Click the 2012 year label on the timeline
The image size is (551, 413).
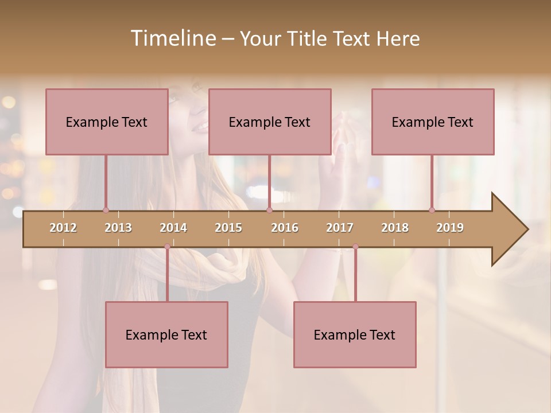(x=63, y=228)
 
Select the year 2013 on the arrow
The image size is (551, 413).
(x=118, y=228)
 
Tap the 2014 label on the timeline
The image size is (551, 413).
(x=173, y=228)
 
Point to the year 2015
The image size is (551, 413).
(x=228, y=228)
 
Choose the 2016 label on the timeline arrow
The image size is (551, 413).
(x=285, y=228)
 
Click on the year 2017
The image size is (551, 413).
(x=340, y=228)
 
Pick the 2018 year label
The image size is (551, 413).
(x=395, y=228)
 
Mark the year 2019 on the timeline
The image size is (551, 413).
(x=450, y=228)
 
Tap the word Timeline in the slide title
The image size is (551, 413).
(x=172, y=38)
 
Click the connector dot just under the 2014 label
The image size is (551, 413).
(x=167, y=247)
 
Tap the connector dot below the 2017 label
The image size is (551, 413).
(x=355, y=247)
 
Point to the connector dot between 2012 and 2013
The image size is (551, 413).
(x=106, y=210)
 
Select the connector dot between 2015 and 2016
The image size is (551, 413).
(x=269, y=210)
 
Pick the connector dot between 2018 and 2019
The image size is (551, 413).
(x=432, y=210)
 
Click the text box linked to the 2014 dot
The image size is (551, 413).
(x=166, y=334)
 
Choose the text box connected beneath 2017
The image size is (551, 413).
(x=355, y=334)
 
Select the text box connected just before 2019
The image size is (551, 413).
(x=433, y=122)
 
